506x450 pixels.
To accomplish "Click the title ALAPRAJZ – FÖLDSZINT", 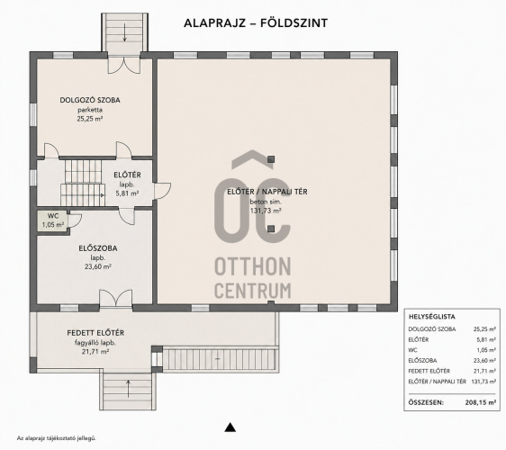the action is pos(256,22).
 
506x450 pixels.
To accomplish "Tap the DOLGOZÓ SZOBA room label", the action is pos(90,100).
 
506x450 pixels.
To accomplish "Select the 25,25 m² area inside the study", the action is pos(90,119).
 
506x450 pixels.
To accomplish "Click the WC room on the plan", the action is pos(52,220).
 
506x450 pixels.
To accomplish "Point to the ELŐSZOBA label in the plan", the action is pos(98,248).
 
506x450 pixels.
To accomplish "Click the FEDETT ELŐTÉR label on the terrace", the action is pos(95,333).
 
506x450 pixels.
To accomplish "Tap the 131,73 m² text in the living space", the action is pos(266,211).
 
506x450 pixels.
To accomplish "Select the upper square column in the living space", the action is pos(271,159).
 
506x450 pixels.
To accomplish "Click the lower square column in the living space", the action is pos(271,229).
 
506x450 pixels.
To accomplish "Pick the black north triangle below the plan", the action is pos(230,427).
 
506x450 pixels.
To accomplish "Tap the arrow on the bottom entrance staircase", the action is pos(129,389).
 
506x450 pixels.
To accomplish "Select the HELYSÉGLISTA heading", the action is pos(432,317).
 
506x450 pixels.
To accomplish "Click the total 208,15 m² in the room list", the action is pos(481,402).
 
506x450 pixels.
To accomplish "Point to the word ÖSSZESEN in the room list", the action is pos(426,402).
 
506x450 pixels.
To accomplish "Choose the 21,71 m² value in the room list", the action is pos(484,371).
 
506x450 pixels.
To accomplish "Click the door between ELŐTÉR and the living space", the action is pos(162,192).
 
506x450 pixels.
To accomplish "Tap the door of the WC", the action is pos(74,220).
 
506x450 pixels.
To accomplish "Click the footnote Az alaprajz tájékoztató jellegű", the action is pos(57,438).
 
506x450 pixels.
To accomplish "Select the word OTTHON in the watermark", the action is pos(253,266).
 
